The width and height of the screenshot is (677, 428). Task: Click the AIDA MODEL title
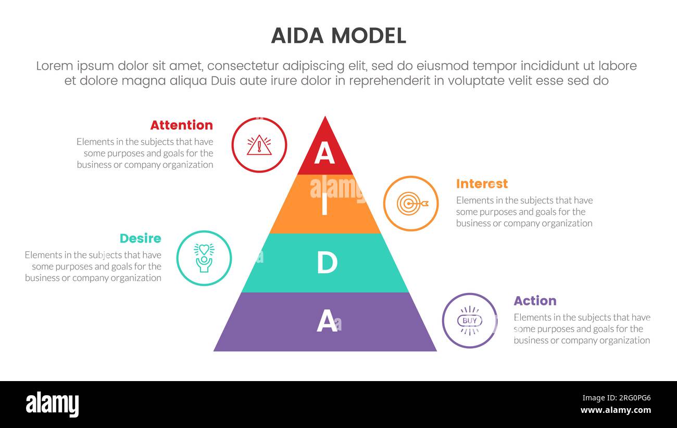pyautogui.click(x=338, y=35)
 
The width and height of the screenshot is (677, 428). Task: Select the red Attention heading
pyautogui.click(x=181, y=125)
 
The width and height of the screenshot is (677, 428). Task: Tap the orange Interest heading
pyautogui.click(x=482, y=184)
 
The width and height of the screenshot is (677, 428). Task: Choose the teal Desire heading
pyautogui.click(x=140, y=238)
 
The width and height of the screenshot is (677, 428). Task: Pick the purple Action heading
pyautogui.click(x=535, y=301)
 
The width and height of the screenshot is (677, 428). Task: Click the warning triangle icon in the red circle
pyautogui.click(x=259, y=145)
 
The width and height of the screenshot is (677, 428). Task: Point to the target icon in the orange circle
pyautogui.click(x=411, y=203)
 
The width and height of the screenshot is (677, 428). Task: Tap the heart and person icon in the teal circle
pyautogui.click(x=204, y=258)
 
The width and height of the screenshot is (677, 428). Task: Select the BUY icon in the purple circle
pyautogui.click(x=470, y=321)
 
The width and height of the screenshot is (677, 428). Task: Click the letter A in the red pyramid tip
pyautogui.click(x=324, y=153)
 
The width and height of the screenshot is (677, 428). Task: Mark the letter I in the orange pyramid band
pyautogui.click(x=324, y=205)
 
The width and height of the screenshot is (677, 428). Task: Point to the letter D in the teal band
pyautogui.click(x=327, y=263)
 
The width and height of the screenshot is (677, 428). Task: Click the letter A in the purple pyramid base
pyautogui.click(x=327, y=321)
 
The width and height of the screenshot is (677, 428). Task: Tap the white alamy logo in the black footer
pyautogui.click(x=52, y=405)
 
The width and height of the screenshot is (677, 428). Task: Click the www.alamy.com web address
pyautogui.click(x=616, y=411)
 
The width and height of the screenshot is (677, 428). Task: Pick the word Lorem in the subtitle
pyautogui.click(x=56, y=66)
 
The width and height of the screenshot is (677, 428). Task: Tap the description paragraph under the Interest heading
pyautogui.click(x=524, y=212)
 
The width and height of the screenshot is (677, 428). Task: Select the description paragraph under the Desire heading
pyautogui.click(x=93, y=266)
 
